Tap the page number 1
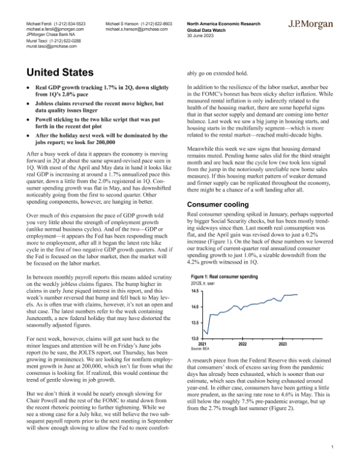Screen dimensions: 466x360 [332, 447]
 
